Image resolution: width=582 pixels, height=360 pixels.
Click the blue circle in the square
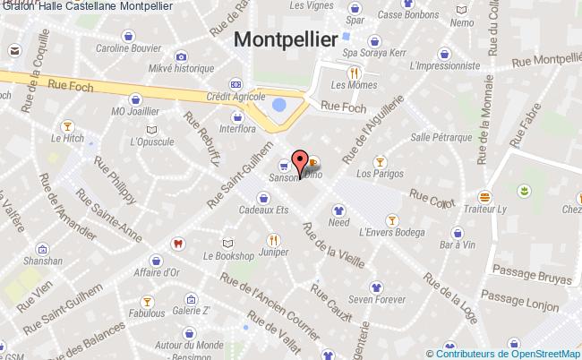(x=279, y=105)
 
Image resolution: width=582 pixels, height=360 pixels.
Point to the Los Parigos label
(x=377, y=174)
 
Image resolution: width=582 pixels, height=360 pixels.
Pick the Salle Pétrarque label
(x=441, y=137)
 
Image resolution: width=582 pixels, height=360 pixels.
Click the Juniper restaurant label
(x=272, y=253)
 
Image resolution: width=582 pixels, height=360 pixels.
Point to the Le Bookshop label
(x=229, y=255)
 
